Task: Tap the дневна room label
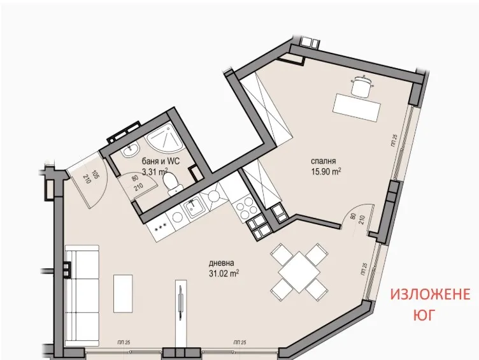coord(220,263)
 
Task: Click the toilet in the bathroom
coord(170,184)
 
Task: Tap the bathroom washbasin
coord(129,150)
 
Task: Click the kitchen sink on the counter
coord(192,206)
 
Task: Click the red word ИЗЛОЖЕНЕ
coord(430,295)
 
